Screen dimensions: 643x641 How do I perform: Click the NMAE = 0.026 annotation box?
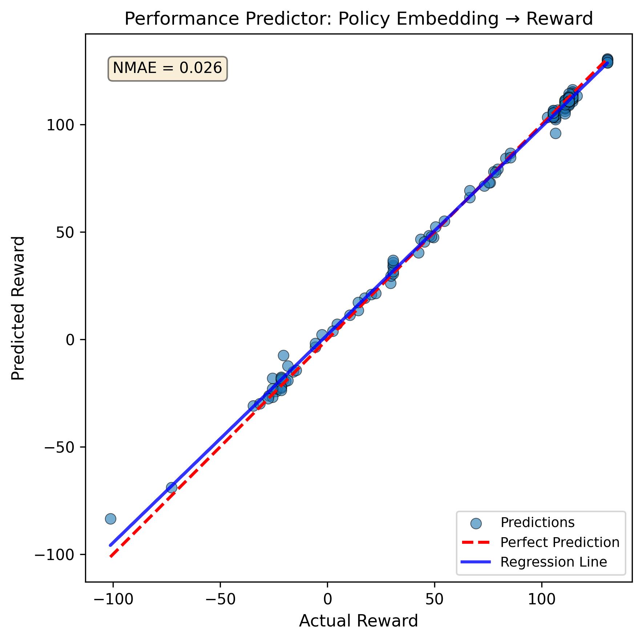coord(167,68)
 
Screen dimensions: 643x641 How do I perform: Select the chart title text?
coord(359,19)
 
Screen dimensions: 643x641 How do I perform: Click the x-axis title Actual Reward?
coord(359,621)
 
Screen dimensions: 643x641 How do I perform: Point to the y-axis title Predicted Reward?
coord(18,308)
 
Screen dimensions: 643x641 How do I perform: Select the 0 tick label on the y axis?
coord(70,340)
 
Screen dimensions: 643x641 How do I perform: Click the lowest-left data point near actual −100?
coord(110,519)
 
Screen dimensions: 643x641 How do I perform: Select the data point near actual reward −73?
coord(171,487)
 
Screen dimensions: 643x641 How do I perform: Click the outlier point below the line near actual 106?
coord(555,133)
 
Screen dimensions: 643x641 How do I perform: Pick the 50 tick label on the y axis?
coord(65,232)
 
